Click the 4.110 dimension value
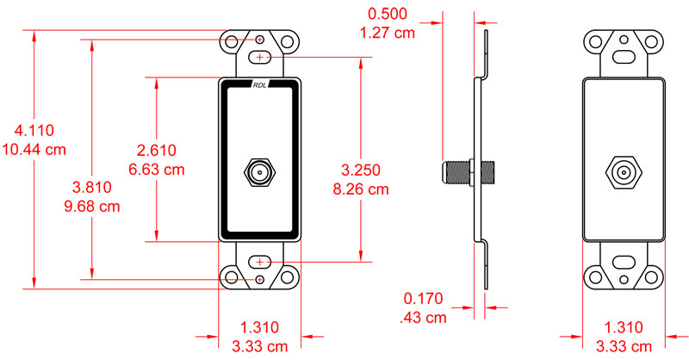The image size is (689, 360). (34, 131)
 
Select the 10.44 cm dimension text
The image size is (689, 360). (34, 149)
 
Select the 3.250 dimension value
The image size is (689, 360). (360, 169)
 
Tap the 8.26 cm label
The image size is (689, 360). (360, 188)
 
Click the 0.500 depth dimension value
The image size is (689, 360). (388, 15)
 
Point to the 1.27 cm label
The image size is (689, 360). (388, 34)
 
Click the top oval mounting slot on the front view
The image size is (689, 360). (261, 57)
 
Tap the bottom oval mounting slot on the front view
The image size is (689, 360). (261, 261)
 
